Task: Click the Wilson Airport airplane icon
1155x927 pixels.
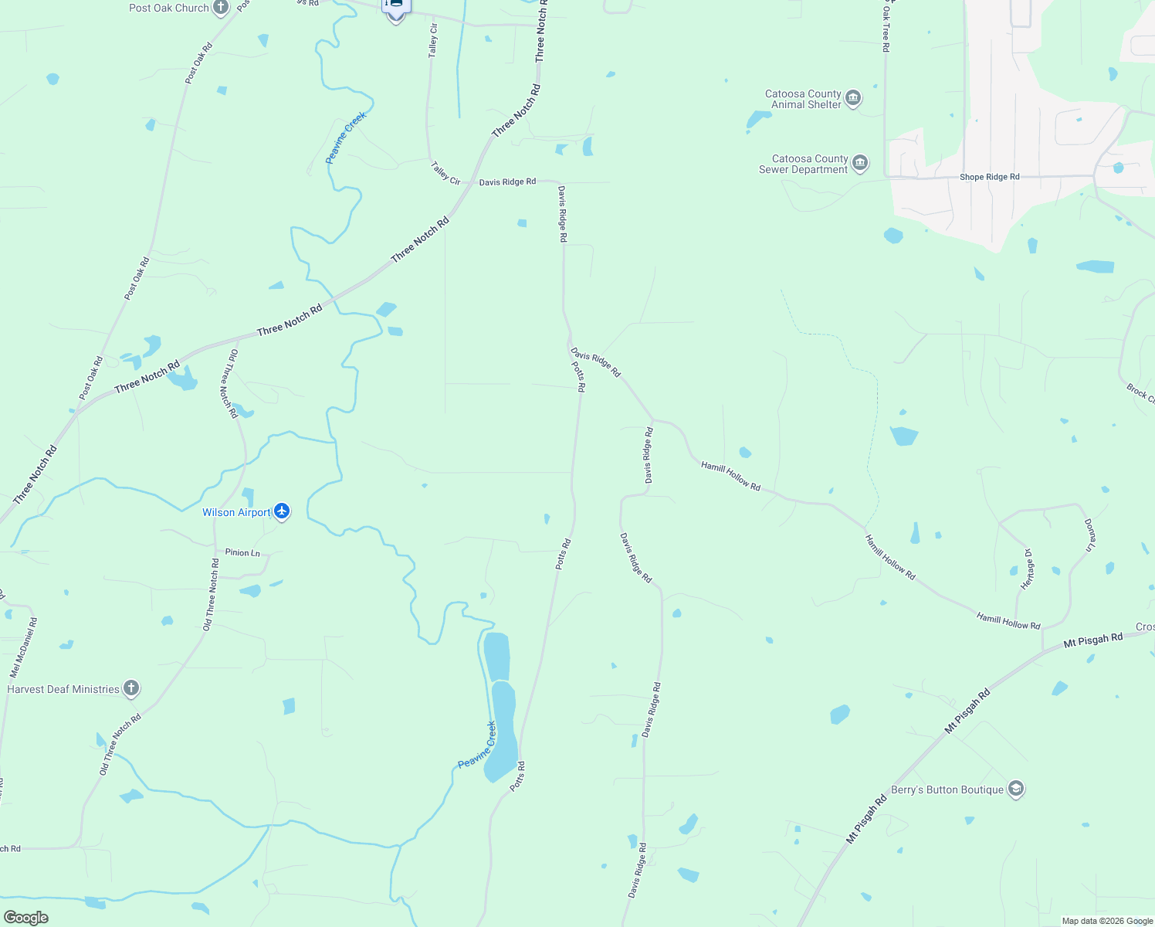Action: [282, 511]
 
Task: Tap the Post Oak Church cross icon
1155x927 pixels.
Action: [221, 8]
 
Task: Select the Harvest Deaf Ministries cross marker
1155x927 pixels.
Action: [131, 688]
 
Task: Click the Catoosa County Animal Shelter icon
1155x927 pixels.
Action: [853, 98]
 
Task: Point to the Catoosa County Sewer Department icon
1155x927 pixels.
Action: [860, 164]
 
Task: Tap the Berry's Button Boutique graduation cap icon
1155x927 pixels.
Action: [1016, 789]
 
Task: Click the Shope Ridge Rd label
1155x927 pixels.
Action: [989, 177]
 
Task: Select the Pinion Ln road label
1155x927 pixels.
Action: [242, 552]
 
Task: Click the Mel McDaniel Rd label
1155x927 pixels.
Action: [23, 647]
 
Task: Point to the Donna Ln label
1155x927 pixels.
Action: [1089, 535]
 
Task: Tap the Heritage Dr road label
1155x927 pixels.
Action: [1028, 570]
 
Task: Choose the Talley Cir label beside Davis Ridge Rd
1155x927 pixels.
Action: [445, 173]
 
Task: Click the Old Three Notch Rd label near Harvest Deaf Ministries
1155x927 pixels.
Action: [120, 745]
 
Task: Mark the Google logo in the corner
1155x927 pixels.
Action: [25, 918]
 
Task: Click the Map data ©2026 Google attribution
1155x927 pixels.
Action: [1107, 921]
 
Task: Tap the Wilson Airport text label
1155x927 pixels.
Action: [236, 512]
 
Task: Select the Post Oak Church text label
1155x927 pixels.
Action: [169, 8]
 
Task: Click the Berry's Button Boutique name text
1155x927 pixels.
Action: [947, 789]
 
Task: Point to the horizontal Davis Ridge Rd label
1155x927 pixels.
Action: [507, 182]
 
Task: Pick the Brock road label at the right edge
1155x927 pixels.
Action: [1140, 393]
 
